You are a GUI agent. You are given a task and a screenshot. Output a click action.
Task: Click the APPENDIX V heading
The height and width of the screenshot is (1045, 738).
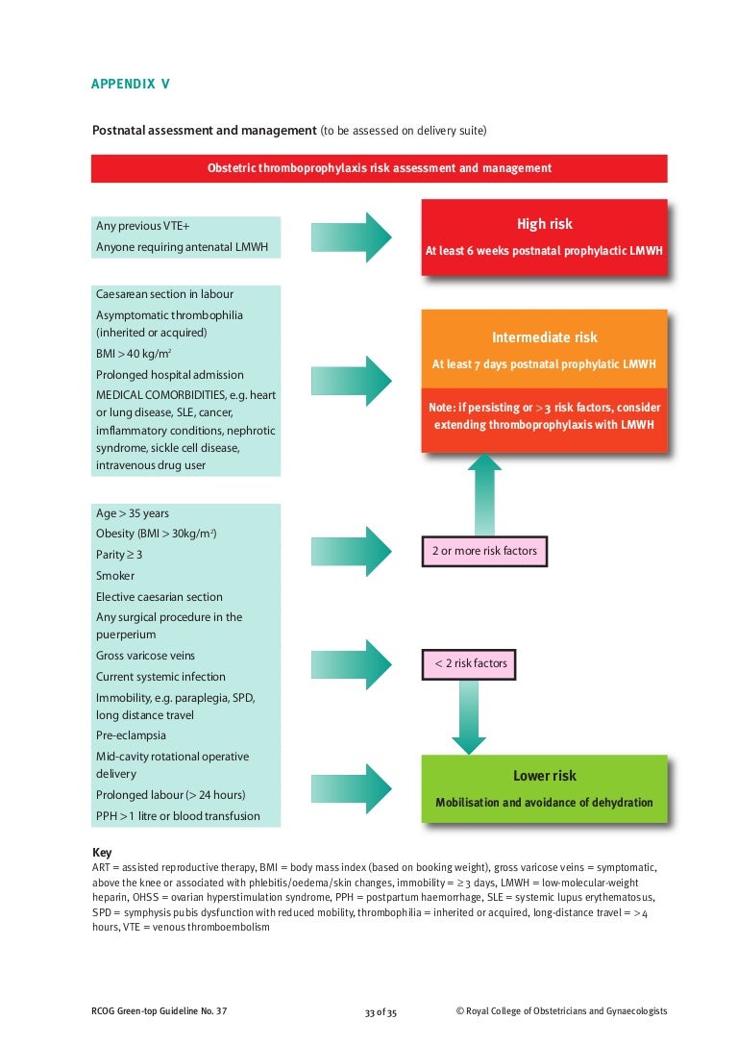(131, 84)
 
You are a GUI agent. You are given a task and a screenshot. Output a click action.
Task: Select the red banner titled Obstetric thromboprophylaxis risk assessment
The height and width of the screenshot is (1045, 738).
(379, 168)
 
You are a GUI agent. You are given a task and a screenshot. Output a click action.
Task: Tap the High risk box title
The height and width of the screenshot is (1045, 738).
(544, 224)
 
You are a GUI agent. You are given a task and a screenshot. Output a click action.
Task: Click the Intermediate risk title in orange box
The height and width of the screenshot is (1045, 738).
(544, 337)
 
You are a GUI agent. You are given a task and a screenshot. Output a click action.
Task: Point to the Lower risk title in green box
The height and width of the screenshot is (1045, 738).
(544, 776)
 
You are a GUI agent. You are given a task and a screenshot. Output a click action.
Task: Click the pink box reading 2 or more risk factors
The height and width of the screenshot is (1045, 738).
(484, 552)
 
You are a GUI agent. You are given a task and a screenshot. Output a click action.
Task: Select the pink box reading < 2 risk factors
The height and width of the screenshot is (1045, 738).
(471, 663)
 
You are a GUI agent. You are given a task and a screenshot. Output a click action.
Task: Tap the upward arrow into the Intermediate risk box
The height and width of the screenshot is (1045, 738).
(484, 495)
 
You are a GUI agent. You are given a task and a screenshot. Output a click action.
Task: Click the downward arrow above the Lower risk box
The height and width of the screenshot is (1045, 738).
(469, 716)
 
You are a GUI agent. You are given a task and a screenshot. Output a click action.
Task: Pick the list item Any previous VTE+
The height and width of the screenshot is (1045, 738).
(143, 226)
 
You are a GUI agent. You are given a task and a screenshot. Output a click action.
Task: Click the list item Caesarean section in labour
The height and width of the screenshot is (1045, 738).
(164, 294)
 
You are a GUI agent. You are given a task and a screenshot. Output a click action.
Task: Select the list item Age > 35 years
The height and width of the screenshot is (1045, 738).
(133, 513)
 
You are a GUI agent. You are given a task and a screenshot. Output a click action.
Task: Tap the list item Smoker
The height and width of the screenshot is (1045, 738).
(115, 576)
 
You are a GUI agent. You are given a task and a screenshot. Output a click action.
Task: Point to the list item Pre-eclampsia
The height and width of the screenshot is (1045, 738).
(131, 735)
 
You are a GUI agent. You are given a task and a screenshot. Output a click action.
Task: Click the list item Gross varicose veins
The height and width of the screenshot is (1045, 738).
(145, 656)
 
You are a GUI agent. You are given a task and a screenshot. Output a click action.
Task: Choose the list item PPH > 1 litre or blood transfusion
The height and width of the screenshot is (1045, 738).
(178, 816)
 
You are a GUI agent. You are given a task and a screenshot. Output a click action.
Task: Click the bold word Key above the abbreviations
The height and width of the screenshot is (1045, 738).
(102, 853)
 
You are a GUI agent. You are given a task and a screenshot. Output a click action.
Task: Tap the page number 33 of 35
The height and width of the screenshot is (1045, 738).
(381, 1012)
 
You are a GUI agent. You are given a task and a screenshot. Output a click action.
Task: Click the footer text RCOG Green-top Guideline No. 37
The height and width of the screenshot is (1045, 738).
(160, 1011)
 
